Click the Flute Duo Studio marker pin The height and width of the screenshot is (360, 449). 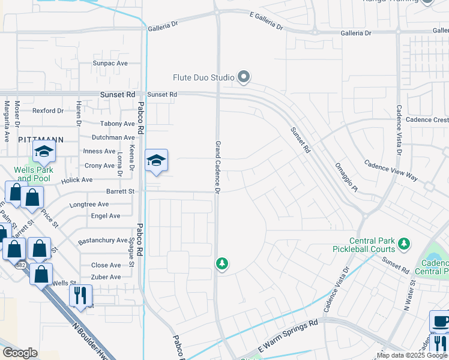(244, 77)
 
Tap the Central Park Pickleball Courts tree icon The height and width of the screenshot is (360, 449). (405, 244)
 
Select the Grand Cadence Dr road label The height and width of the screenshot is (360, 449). (218, 167)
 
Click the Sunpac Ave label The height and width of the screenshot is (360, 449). (110, 63)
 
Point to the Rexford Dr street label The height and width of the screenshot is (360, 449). (48, 110)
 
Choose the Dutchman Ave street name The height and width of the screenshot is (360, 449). (112, 137)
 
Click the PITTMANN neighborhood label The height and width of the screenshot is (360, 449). (41, 139)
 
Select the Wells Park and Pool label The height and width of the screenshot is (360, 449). (34, 174)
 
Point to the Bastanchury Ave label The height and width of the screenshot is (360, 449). (103, 241)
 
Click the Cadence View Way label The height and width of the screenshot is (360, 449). (391, 170)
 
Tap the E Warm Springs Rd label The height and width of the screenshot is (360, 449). (288, 335)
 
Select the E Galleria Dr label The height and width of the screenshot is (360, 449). (265, 23)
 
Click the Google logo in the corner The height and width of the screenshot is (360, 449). (20, 353)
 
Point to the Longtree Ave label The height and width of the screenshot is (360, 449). (89, 205)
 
